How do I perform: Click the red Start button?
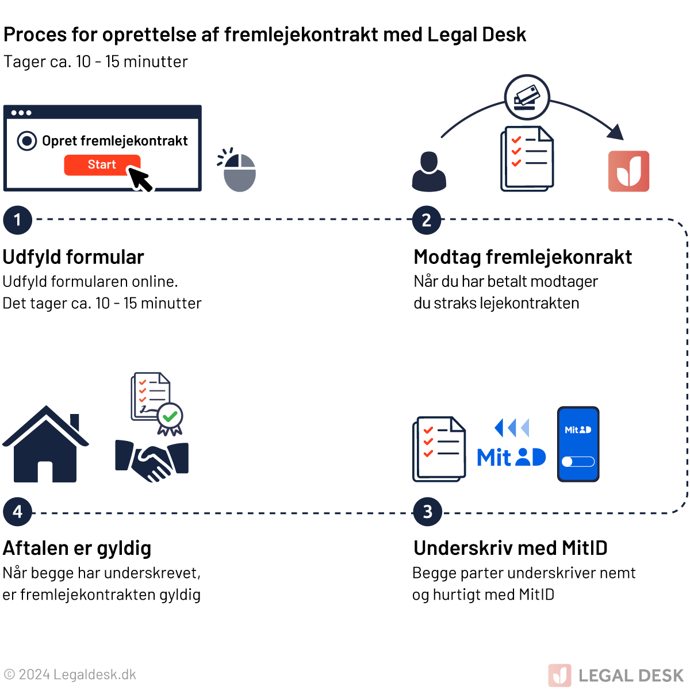coord(102,165)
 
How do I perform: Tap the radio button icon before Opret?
coord(27,141)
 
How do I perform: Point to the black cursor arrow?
coord(140,179)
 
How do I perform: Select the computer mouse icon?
coord(239,172)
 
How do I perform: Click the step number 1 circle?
coord(17,220)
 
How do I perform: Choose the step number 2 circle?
coord(427,220)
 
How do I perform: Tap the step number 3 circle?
coord(427,512)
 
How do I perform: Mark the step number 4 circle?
coord(17,512)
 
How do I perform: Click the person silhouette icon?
coord(429,172)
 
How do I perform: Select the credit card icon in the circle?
coord(527,97)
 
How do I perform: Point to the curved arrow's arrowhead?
coord(617,132)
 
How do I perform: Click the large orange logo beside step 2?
coord(629,171)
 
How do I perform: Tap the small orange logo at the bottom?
coord(559,675)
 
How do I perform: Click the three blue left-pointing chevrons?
coord(511,428)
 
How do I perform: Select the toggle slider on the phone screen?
coord(578,462)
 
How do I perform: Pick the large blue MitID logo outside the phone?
coord(511,458)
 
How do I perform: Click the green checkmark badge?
coord(170,415)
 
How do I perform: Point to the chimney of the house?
coord(74,422)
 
